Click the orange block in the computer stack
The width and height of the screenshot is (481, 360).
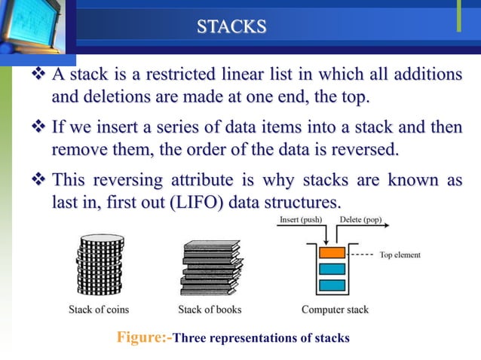332,252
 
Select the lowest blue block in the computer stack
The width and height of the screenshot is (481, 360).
332,285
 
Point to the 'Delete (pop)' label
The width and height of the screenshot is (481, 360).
360,220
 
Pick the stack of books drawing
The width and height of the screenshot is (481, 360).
209,267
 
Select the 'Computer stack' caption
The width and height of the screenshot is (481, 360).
334,309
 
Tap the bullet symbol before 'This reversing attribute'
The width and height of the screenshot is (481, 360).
38,181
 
